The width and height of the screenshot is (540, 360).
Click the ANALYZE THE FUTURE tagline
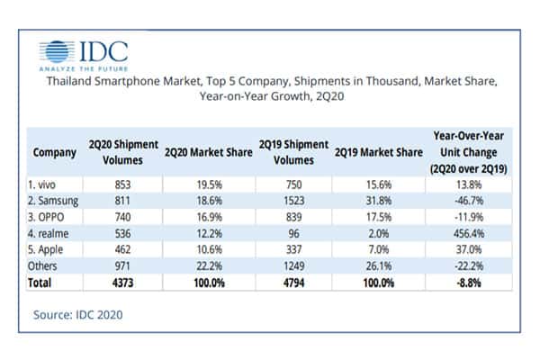click(x=83, y=66)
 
